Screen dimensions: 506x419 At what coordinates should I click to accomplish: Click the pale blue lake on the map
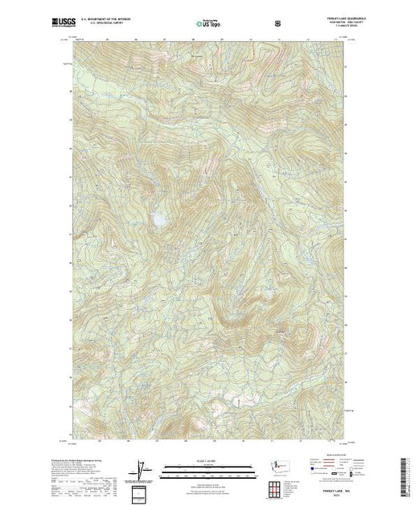pyautogui.click(x=160, y=218)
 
